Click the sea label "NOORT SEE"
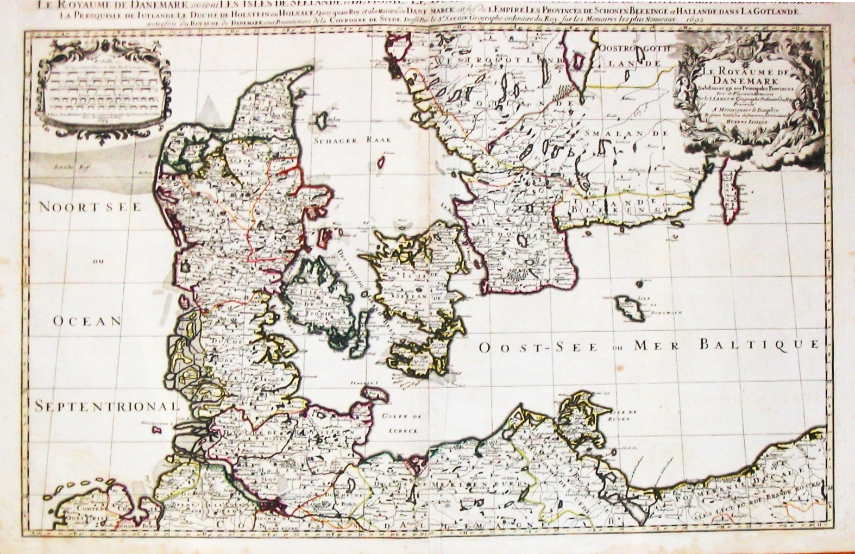[90, 207]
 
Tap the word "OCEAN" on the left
[87, 321]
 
